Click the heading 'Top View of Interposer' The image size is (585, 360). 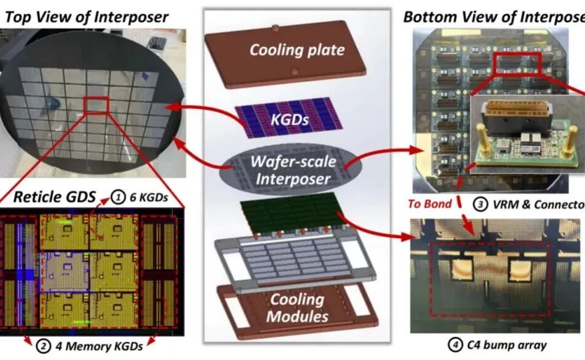86,17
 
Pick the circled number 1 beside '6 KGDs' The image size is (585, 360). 116,199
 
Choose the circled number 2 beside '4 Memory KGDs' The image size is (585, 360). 43,345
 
